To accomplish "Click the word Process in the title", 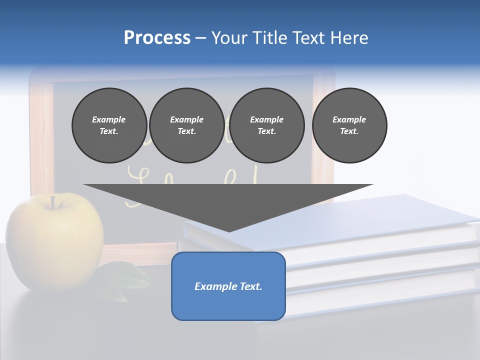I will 157,38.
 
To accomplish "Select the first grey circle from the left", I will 109,125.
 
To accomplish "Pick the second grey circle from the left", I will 186,125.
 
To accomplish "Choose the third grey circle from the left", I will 267,125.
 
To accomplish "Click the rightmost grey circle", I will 349,125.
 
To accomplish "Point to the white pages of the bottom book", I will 380,285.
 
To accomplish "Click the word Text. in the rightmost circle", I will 349,131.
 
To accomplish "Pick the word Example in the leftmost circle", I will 109,119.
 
